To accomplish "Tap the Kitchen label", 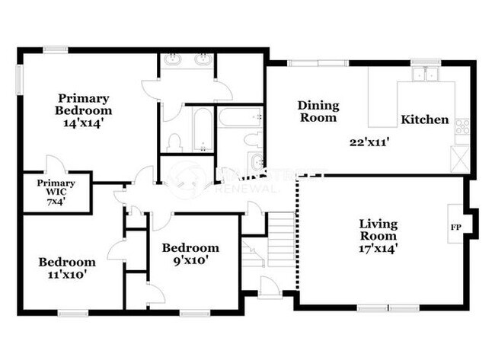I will (424, 119).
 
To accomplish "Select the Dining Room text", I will (318, 111).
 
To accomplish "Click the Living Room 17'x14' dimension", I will (378, 247).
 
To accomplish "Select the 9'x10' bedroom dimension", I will (190, 260).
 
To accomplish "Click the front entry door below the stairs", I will (268, 287).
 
